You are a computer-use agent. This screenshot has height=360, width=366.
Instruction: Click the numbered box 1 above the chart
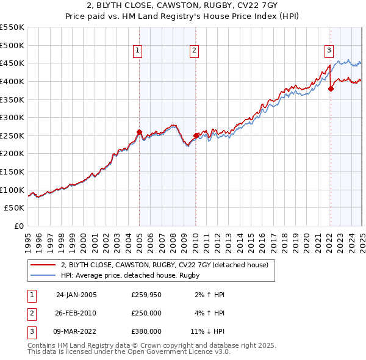[138, 51]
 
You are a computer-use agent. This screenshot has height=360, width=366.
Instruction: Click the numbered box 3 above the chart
[329, 51]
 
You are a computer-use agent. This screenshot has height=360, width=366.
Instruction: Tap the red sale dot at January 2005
[139, 132]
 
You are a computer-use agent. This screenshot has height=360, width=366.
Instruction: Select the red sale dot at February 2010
[196, 135]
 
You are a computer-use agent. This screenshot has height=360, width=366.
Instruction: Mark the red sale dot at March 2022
[331, 88]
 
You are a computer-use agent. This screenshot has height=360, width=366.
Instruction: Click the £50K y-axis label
[15, 208]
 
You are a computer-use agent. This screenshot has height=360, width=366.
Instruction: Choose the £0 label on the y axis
[19, 226]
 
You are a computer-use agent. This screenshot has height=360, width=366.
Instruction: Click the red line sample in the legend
[43, 265]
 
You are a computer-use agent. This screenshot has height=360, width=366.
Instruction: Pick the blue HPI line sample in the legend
[43, 275]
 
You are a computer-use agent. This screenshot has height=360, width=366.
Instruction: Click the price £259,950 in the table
[146, 295]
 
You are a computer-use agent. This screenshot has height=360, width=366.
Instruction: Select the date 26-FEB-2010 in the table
[76, 313]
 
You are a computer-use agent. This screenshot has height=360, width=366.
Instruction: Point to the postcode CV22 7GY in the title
[254, 6]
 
